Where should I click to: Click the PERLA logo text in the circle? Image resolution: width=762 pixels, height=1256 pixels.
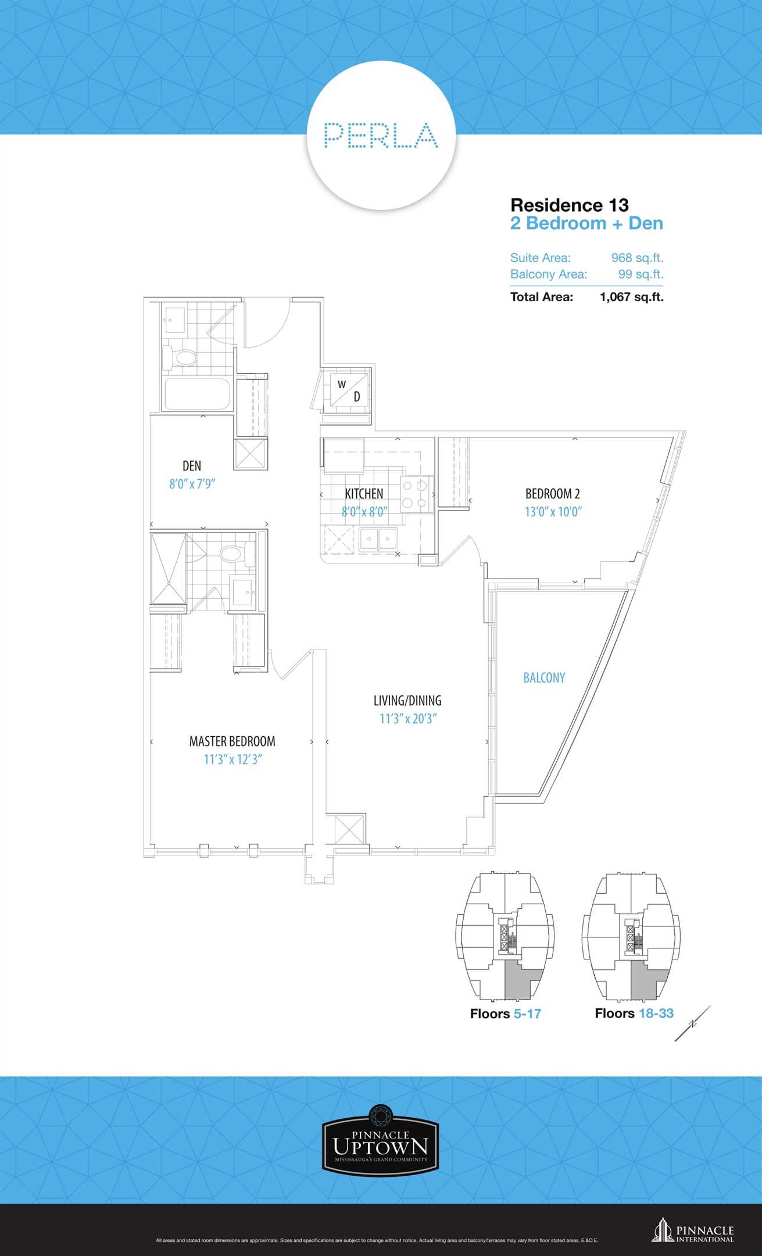tap(381, 135)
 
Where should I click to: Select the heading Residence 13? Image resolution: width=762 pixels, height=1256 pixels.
tap(570, 205)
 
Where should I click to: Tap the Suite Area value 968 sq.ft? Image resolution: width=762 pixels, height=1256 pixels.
tap(637, 258)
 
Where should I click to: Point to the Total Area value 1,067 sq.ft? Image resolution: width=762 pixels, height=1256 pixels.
tap(632, 297)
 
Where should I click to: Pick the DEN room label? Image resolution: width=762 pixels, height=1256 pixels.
tap(192, 466)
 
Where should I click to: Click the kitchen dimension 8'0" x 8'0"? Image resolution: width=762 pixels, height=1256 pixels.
tap(364, 512)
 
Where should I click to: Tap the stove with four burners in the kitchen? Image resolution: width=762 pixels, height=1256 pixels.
tap(416, 494)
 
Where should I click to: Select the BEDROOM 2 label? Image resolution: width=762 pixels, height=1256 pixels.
tap(553, 494)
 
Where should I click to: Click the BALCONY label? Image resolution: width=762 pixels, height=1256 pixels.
tap(544, 677)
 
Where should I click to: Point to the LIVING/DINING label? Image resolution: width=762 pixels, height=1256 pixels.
tap(407, 701)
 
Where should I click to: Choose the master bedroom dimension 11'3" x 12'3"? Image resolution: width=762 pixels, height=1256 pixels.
tap(232, 759)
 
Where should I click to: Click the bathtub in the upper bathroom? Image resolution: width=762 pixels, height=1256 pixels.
tap(198, 394)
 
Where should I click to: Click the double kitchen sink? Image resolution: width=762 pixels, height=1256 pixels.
tap(378, 539)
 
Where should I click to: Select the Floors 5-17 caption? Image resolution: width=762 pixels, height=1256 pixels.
tap(506, 1014)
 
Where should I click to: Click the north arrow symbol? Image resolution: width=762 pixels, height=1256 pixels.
tap(692, 1023)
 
